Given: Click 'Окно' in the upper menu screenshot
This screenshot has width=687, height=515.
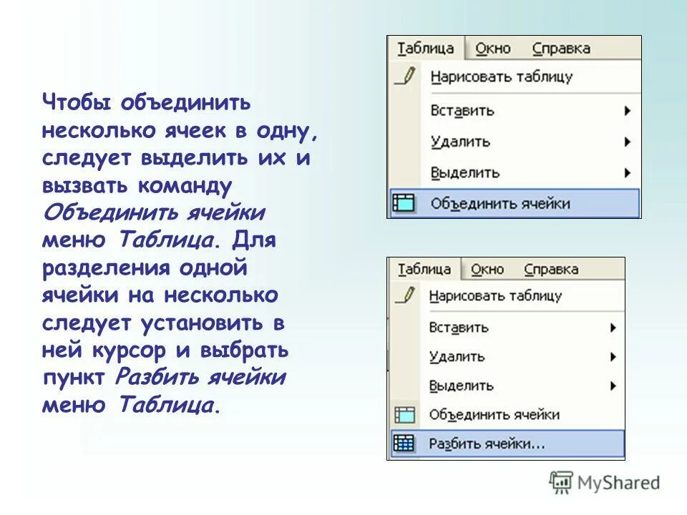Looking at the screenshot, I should click(x=493, y=49).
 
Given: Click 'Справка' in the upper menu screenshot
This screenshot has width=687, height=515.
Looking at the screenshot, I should click(x=561, y=49).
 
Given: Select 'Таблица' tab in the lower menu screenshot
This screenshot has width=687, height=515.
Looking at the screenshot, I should click(x=424, y=269).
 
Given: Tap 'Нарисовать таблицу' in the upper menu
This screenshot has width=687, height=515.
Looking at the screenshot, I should click(x=501, y=77).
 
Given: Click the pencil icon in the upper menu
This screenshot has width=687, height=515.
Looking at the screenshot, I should click(x=405, y=76).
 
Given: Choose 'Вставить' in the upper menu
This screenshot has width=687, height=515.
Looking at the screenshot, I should click(x=462, y=111).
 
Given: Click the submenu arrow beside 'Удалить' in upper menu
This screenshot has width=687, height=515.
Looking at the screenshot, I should click(x=628, y=142).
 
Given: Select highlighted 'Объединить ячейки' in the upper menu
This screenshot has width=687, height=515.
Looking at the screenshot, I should click(x=500, y=204).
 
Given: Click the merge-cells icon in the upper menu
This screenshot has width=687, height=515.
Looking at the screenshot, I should click(x=404, y=204).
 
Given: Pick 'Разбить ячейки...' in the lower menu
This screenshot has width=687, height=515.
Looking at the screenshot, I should click(x=487, y=443).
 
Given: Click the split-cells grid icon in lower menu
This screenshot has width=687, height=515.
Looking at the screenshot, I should click(x=404, y=443).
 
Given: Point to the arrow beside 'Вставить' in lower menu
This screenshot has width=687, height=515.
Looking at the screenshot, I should click(x=613, y=328).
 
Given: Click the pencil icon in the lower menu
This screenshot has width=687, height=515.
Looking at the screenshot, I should click(x=405, y=295).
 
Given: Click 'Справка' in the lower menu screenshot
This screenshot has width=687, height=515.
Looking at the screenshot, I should click(x=551, y=269).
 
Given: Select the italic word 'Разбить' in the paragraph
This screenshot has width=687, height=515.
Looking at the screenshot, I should click(x=157, y=377).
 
